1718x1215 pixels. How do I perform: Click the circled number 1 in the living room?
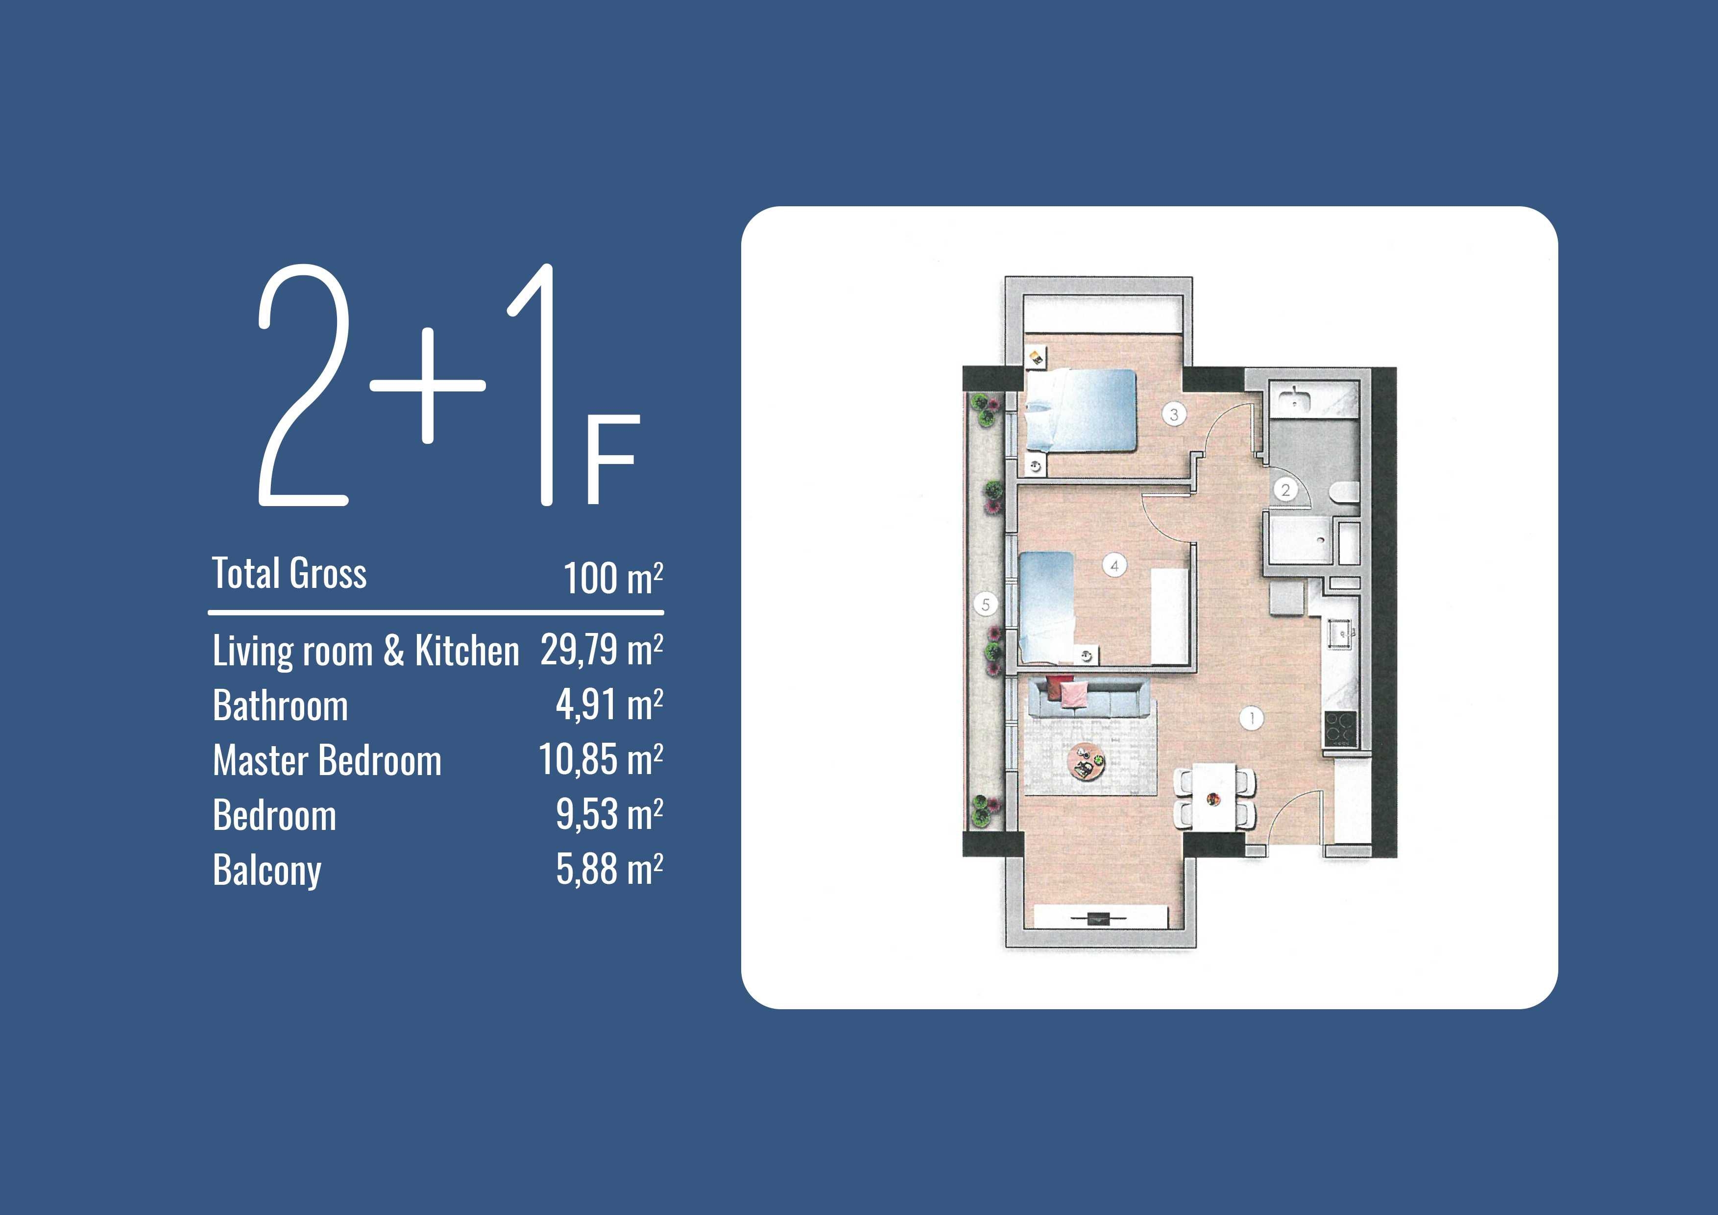(x=1251, y=718)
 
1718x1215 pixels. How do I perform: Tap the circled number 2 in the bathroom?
(x=1285, y=490)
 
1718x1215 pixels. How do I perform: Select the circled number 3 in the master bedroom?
(x=1174, y=413)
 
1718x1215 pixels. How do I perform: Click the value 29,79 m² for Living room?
(x=601, y=650)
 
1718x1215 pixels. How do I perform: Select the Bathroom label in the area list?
(x=281, y=705)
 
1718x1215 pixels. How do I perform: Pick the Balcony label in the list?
(x=267, y=870)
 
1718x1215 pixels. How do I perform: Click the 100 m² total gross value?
(x=612, y=578)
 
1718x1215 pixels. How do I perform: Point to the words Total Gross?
(x=290, y=573)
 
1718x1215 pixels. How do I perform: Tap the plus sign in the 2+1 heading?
(x=428, y=385)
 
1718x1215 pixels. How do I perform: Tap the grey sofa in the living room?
(x=1089, y=696)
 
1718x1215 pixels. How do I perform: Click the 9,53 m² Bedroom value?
(x=608, y=815)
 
